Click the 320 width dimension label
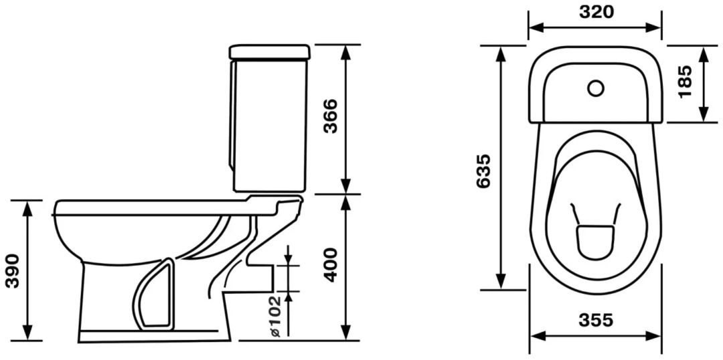(596, 13)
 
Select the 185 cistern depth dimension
(686, 82)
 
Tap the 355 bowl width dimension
(596, 319)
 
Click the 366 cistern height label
(330, 116)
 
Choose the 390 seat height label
(13, 271)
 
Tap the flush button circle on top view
(596, 88)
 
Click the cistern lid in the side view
(270, 52)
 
